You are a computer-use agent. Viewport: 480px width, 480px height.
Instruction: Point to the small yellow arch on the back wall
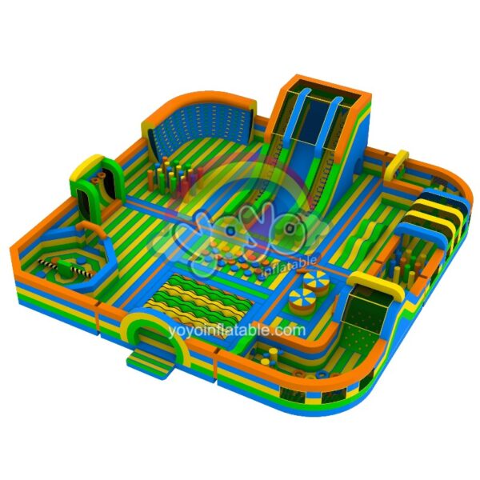tap(396, 165)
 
